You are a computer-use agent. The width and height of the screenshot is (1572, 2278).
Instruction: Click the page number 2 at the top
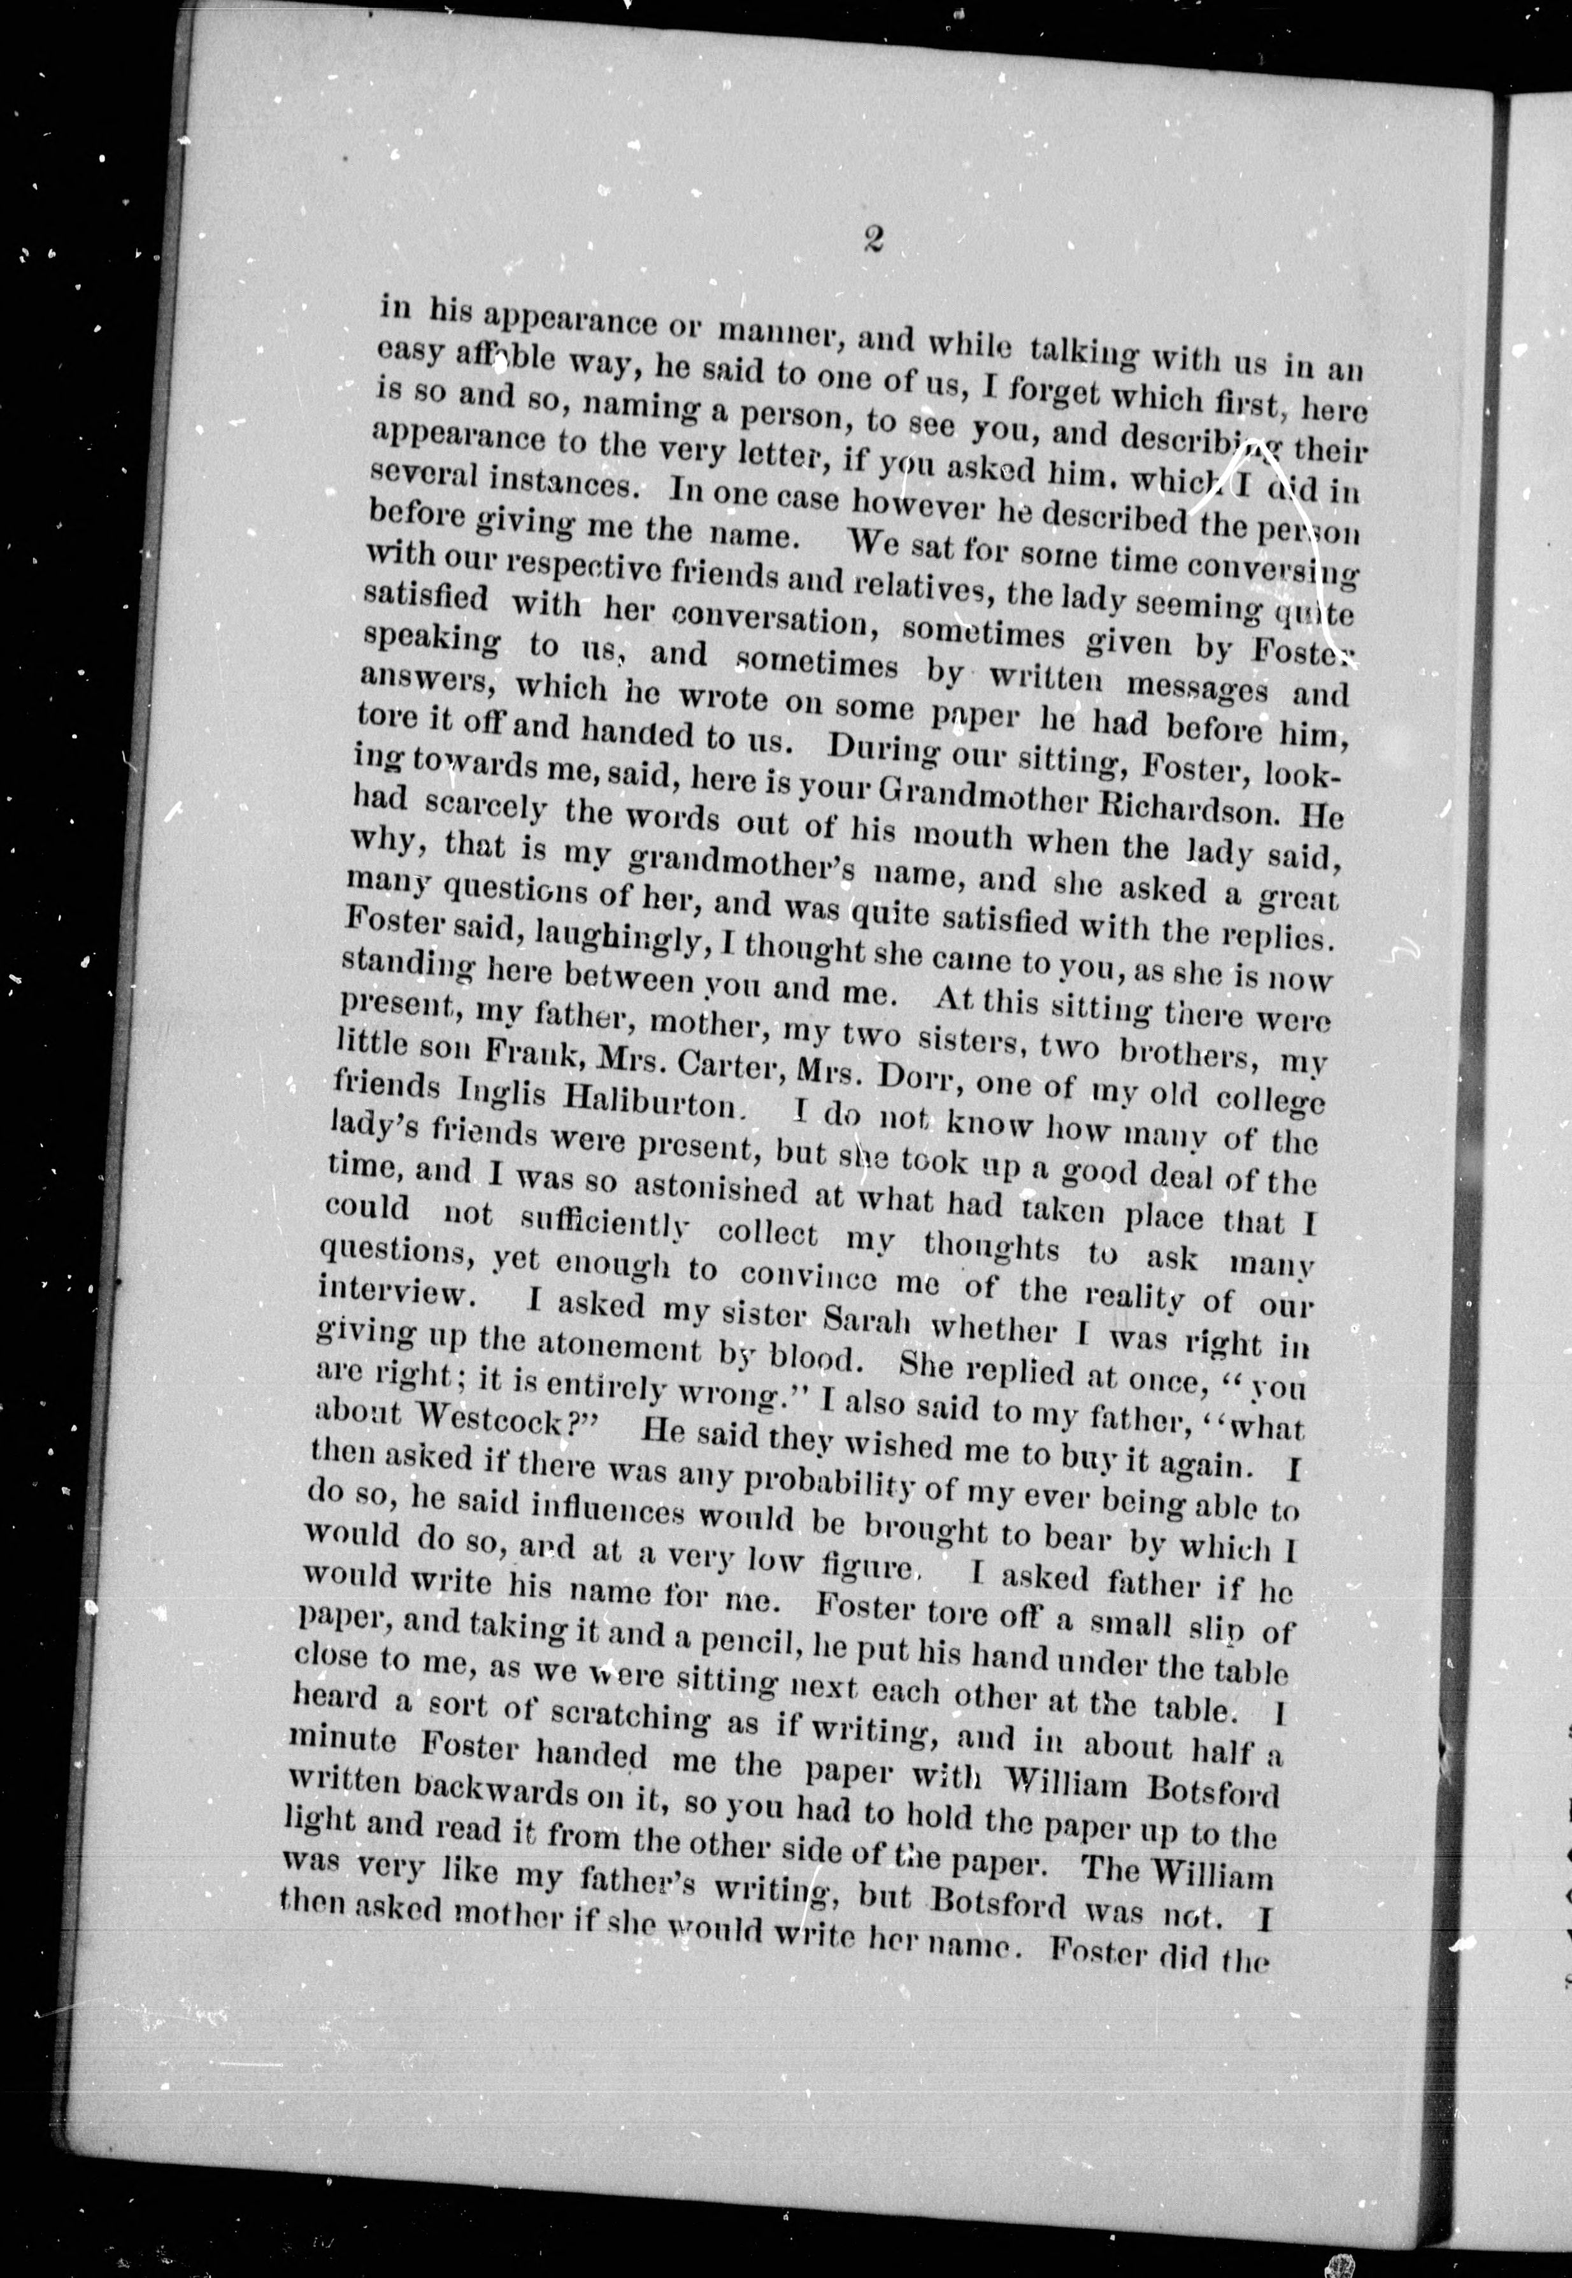coord(871,240)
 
